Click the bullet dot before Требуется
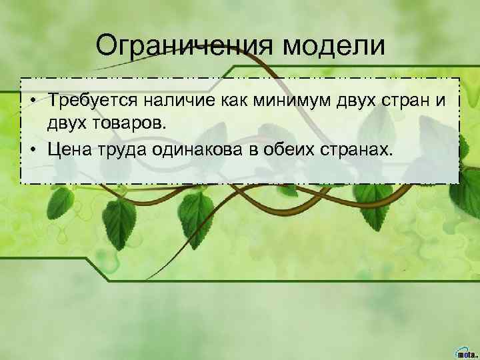[31, 101]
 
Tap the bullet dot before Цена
[31, 147]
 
